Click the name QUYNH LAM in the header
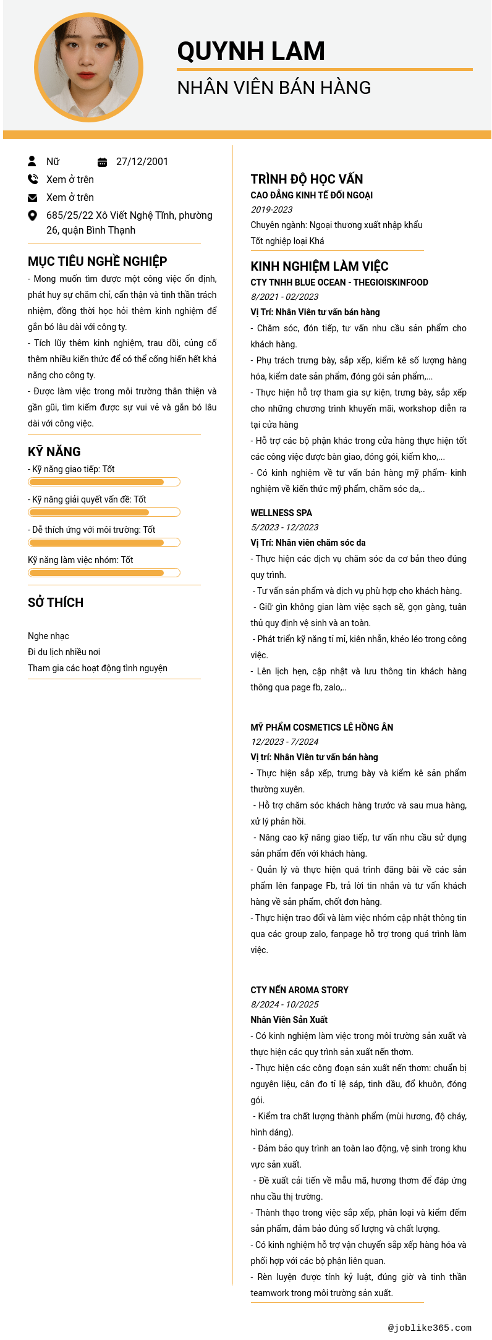click(x=251, y=51)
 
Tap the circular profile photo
click(x=89, y=67)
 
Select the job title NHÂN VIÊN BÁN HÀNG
click(x=274, y=88)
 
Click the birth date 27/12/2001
click(x=142, y=162)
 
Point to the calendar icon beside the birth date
click(x=103, y=162)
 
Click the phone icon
click(x=33, y=179)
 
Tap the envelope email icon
click(x=33, y=198)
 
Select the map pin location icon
click(x=33, y=215)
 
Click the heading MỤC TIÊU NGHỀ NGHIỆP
click(x=97, y=261)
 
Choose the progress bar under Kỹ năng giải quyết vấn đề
click(x=104, y=512)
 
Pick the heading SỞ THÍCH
click(x=56, y=603)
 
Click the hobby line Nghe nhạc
click(x=48, y=636)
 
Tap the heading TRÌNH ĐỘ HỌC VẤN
click(x=307, y=179)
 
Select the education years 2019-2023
click(x=271, y=210)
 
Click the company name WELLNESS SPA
click(x=281, y=513)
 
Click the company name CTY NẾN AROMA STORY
click(x=299, y=990)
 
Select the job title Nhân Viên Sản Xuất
click(x=289, y=1020)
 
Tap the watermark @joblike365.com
click(x=430, y=1327)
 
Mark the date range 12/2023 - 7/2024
click(x=284, y=742)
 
